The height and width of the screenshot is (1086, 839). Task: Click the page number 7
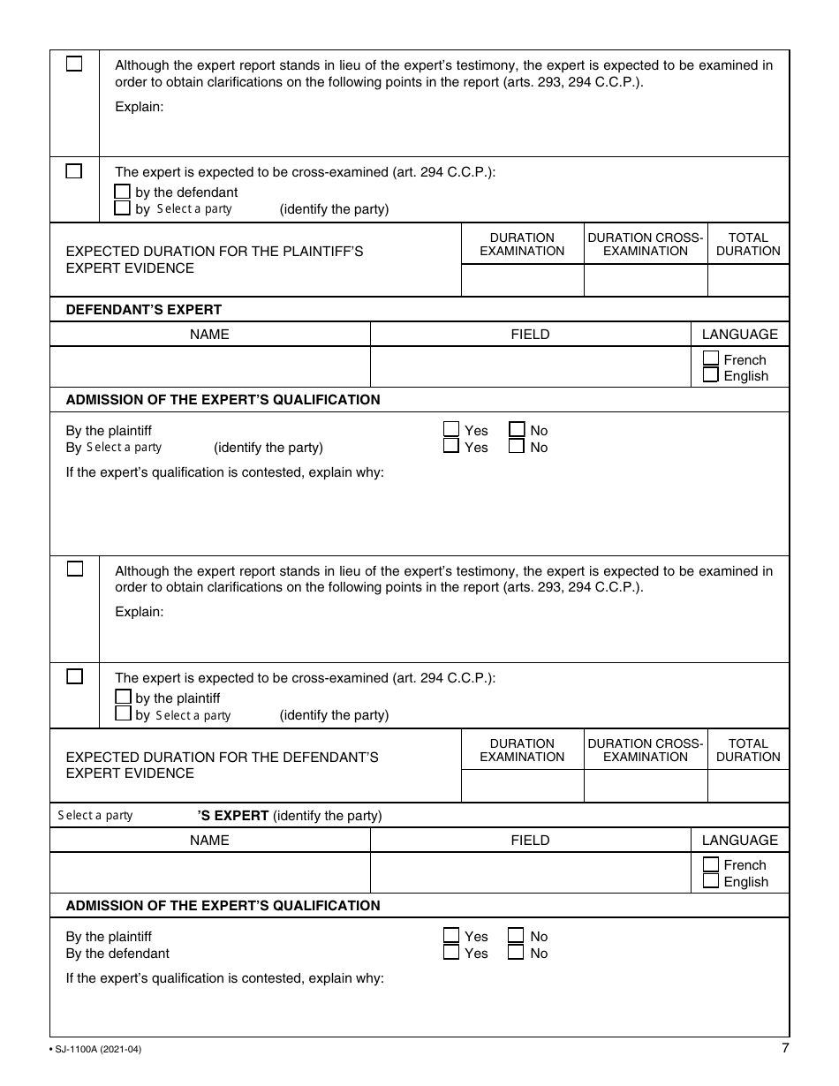point(785,1048)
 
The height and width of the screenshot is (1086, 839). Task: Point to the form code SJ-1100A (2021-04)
point(96,1050)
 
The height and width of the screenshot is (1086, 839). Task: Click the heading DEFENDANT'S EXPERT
point(144,309)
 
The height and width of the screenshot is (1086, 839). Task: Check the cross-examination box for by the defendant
point(123,192)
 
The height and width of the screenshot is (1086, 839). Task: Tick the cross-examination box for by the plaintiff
point(123,698)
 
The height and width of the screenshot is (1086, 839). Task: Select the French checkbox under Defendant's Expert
point(711,358)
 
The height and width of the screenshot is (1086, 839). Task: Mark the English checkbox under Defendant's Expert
point(711,375)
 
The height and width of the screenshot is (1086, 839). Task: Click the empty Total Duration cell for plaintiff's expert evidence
point(748,281)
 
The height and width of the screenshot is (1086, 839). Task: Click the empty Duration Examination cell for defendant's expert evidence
point(521,786)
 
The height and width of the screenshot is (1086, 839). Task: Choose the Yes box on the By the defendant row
point(451,953)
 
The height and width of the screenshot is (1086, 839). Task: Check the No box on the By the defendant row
point(516,953)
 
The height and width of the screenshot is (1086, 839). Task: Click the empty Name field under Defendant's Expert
point(209,366)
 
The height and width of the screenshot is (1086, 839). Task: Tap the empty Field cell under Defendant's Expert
point(530,366)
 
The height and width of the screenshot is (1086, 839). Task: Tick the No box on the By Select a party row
point(517,447)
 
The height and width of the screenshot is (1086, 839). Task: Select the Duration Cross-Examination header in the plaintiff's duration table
point(646,244)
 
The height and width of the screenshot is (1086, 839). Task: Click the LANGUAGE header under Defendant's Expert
point(739,334)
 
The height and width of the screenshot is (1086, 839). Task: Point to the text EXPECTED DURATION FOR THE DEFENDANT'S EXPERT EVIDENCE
point(223,765)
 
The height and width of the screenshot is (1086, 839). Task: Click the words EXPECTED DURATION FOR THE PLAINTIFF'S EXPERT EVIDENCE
point(215,260)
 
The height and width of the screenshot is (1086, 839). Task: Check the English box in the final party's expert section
point(711,881)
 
